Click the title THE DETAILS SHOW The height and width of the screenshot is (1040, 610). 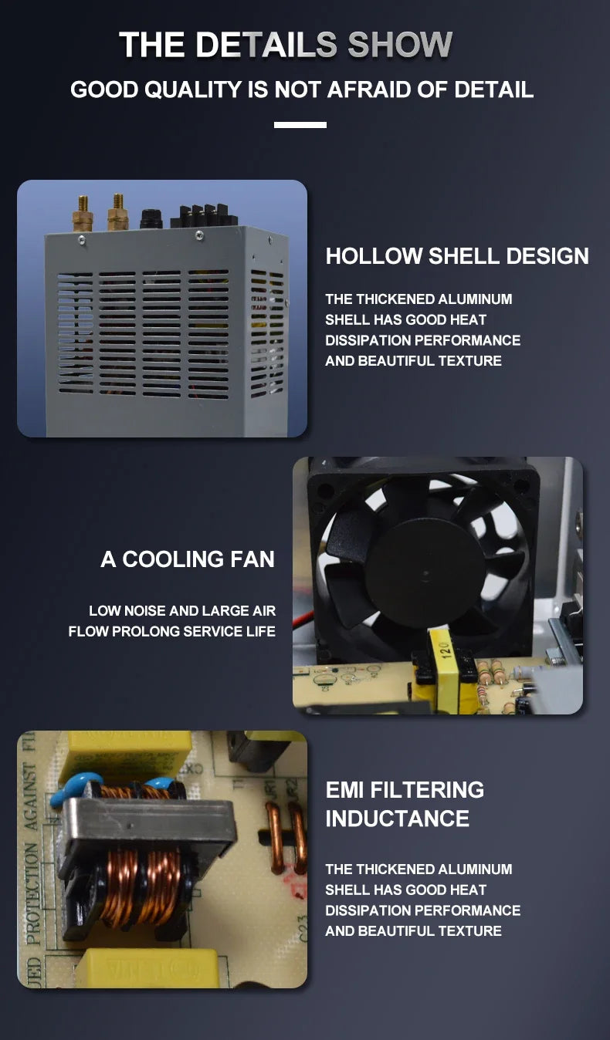coord(286,45)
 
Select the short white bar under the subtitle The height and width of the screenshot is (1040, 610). coord(300,125)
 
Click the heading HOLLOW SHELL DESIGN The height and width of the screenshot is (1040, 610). coord(457,256)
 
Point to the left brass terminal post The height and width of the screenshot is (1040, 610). coord(82,214)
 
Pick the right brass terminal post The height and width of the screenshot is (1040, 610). coord(118,212)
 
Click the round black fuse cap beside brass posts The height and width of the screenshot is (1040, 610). coord(151,218)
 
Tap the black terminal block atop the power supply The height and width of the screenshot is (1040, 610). coord(205,216)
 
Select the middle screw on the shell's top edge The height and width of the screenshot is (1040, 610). coord(199,235)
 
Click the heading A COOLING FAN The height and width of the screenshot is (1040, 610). coord(188,559)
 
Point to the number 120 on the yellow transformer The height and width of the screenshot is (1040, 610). coord(445,649)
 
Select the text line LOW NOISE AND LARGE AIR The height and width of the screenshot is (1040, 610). coord(182,610)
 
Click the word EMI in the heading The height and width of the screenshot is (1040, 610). coord(344,790)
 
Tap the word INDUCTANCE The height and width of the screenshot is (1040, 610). coord(397,819)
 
